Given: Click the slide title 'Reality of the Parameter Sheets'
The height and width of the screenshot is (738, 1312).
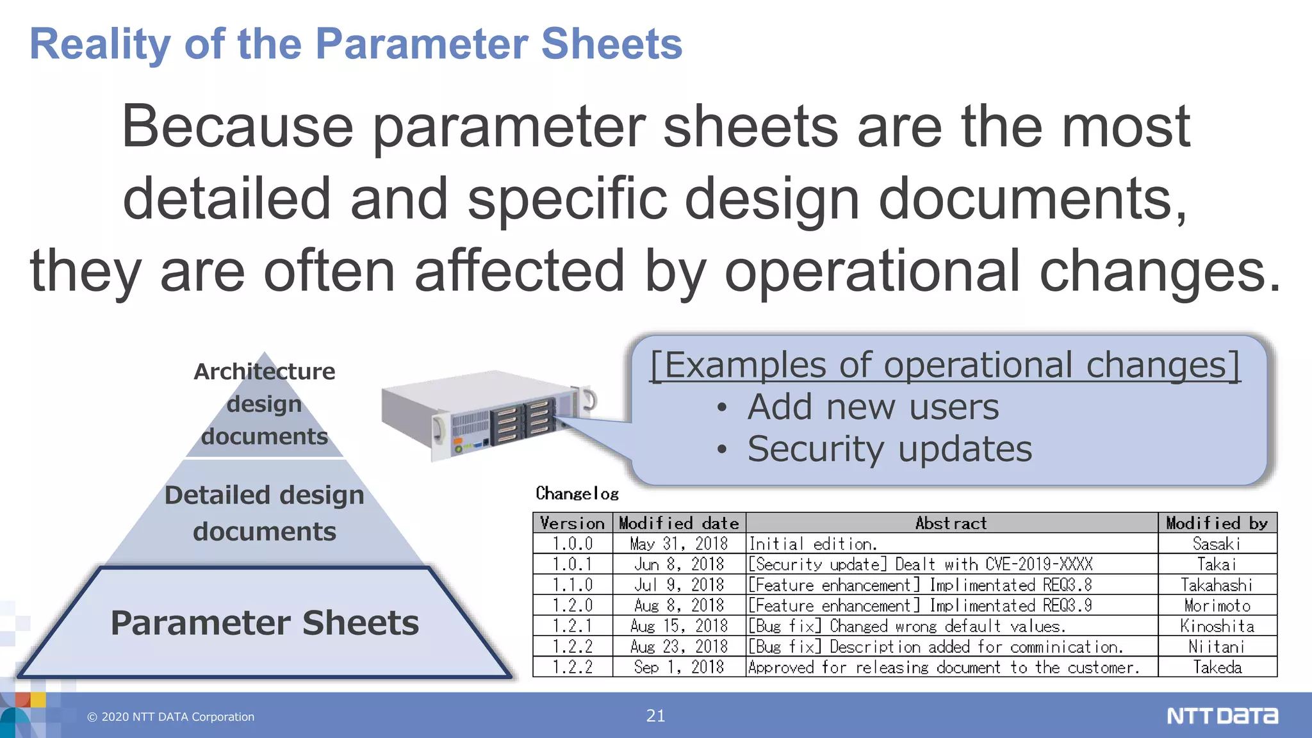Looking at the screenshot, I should click(x=356, y=44).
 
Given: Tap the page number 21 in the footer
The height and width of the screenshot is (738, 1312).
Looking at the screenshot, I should click(x=655, y=716).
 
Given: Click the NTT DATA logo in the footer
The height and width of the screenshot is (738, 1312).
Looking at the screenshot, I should click(x=1222, y=716).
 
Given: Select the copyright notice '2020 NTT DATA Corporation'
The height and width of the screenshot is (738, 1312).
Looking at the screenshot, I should click(x=171, y=717).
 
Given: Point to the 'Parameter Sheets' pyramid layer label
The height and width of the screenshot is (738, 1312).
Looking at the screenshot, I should click(x=265, y=623).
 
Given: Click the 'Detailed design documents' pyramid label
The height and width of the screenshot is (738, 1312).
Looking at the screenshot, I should click(x=265, y=513).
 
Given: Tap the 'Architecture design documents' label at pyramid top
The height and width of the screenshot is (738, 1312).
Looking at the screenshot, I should click(x=265, y=404).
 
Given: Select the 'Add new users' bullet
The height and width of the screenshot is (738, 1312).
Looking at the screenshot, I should click(x=873, y=407).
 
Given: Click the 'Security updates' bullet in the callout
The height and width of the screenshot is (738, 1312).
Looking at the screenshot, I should click(x=889, y=448).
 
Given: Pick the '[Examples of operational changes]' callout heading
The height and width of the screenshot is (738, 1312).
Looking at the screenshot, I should click(x=945, y=365).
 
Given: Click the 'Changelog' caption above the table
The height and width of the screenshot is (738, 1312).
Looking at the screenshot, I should click(x=577, y=493).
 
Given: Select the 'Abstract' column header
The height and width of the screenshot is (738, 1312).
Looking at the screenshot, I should click(x=951, y=523).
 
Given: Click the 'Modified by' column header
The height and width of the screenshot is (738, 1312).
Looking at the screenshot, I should click(x=1217, y=523).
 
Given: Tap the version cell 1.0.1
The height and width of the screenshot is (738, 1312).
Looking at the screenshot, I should click(x=572, y=564).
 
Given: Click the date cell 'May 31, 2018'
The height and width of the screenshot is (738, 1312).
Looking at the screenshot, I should click(x=678, y=543).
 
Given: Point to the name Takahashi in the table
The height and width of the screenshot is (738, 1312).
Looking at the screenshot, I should click(x=1217, y=584).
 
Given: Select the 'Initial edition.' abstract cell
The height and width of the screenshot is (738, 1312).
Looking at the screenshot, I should click(x=813, y=543).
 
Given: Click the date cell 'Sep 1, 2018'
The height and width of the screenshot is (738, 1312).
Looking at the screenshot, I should click(x=678, y=666).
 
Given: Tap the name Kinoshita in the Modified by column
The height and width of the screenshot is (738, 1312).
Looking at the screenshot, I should click(x=1217, y=625).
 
